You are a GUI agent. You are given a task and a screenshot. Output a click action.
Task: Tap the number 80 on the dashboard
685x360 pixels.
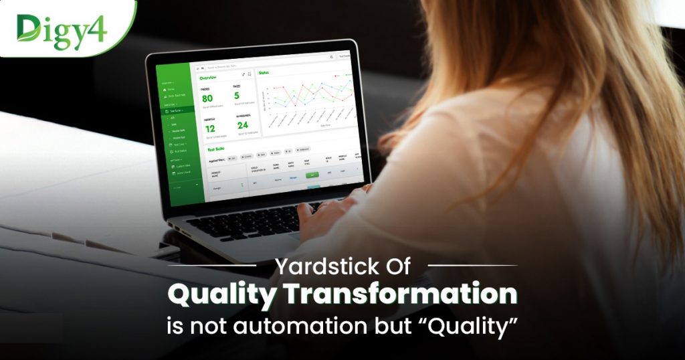[x=207, y=98]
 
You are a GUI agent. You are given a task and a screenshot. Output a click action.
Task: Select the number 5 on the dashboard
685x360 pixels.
[x=237, y=96]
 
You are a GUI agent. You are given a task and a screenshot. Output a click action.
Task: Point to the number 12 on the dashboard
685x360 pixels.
[x=210, y=128]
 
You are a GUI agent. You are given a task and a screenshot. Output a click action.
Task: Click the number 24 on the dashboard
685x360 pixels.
[x=242, y=124]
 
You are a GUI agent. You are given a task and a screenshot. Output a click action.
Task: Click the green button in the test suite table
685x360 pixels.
[x=312, y=174]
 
